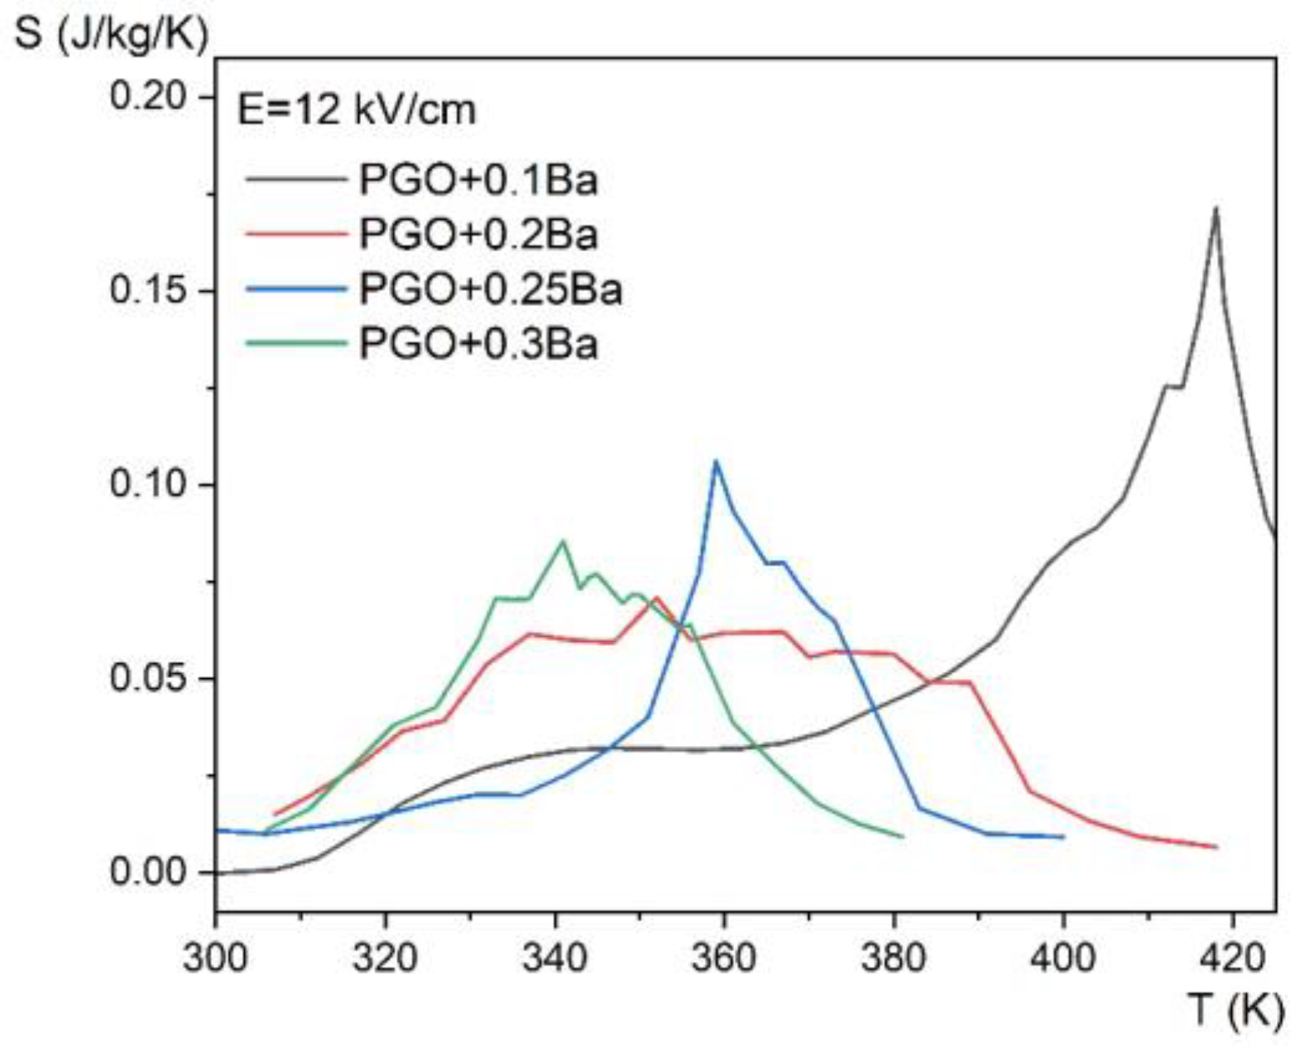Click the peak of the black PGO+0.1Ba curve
pyautogui.click(x=1216, y=208)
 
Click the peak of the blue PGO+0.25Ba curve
pyautogui.click(x=716, y=461)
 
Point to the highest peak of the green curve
pyautogui.click(x=564, y=541)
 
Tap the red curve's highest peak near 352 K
pyautogui.click(x=656, y=596)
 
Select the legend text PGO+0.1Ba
pyautogui.click(x=477, y=180)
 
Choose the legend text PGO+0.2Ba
pyautogui.click(x=477, y=235)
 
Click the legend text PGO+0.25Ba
pyautogui.click(x=490, y=289)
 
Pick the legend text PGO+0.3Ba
pyautogui.click(x=477, y=344)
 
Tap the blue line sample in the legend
pyautogui.click(x=295, y=289)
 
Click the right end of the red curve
pyautogui.click(x=1216, y=847)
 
